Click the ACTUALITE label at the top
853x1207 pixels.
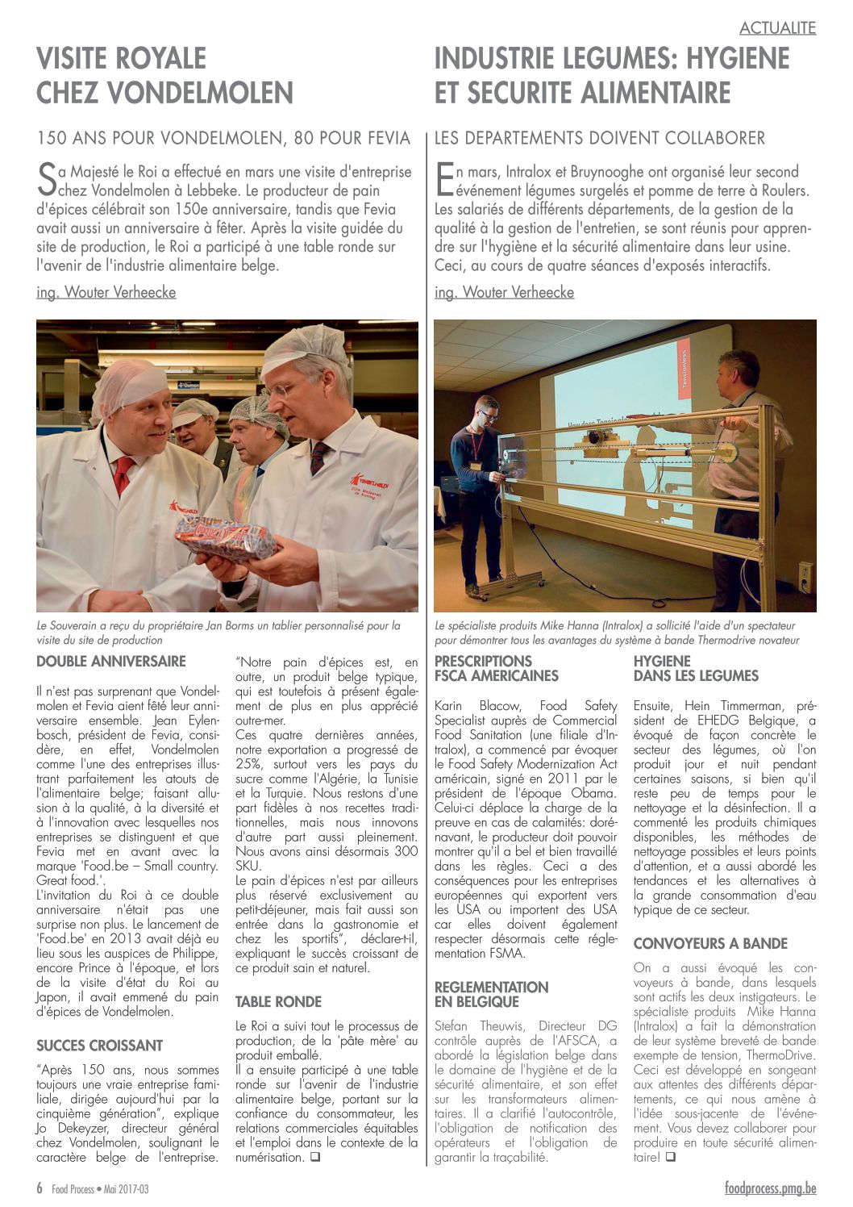[x=777, y=28]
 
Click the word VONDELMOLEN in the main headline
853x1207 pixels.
[x=164, y=93]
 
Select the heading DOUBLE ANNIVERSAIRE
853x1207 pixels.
[x=111, y=662]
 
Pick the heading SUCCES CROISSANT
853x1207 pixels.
[x=100, y=1046]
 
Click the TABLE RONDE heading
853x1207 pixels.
[x=278, y=1002]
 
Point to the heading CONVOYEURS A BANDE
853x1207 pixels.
[x=710, y=944]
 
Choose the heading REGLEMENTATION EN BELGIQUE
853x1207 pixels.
[x=491, y=995]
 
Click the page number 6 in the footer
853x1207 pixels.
[x=40, y=1188]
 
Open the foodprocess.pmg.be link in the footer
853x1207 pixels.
[x=770, y=1188]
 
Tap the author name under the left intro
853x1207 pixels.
[x=106, y=292]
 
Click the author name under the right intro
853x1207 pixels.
[x=504, y=292]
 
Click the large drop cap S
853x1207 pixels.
[x=48, y=181]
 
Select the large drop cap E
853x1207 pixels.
[x=444, y=181]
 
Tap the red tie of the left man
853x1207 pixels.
[x=123, y=474]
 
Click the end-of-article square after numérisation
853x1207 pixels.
[x=314, y=1158]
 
